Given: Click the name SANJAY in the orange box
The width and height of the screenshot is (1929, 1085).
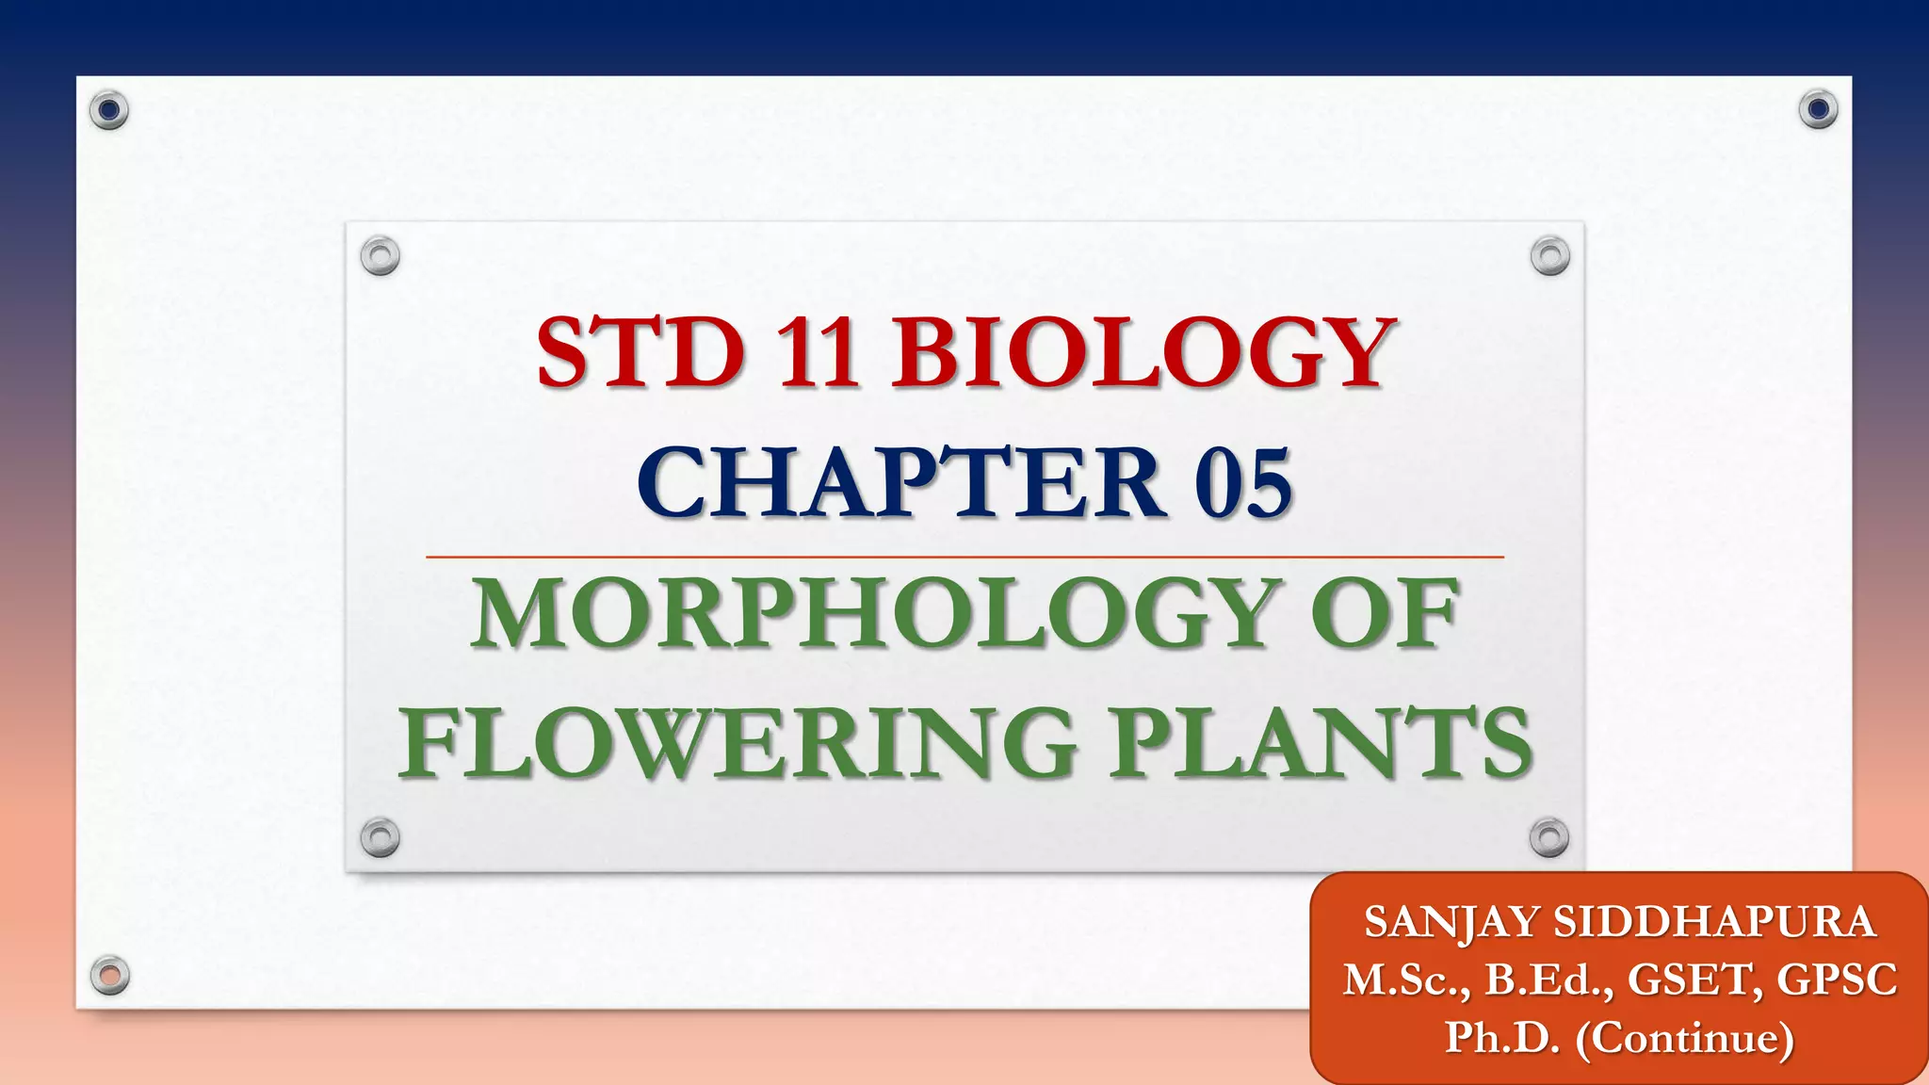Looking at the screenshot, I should click(x=1450, y=922).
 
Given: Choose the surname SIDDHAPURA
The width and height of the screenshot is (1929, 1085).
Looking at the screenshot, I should click(x=1715, y=922).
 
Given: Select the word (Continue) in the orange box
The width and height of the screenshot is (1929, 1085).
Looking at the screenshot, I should click(x=1685, y=1038).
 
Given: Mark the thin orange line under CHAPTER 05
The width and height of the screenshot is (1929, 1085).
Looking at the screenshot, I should click(x=964, y=558).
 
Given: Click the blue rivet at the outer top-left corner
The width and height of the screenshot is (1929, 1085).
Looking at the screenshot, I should click(x=109, y=110).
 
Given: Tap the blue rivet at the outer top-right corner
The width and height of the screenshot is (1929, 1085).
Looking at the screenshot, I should click(x=1818, y=110).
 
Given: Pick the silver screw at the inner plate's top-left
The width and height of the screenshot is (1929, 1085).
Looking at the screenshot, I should click(x=381, y=255).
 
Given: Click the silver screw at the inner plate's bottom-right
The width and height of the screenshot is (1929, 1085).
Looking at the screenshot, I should click(x=1549, y=836).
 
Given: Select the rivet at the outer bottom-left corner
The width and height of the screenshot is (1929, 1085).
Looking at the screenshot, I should click(x=110, y=975).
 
